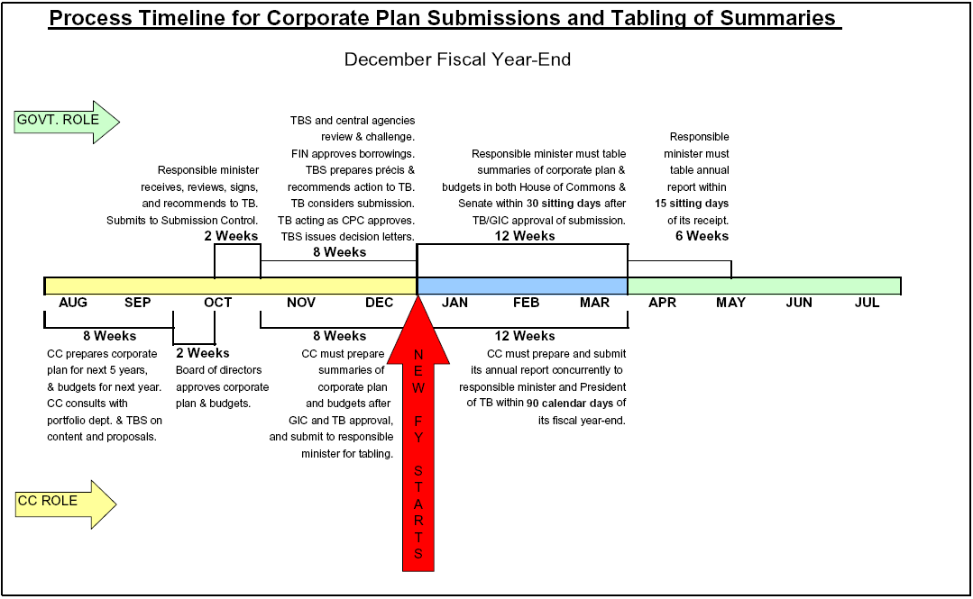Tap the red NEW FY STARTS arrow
(x=418, y=434)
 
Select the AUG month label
(x=73, y=303)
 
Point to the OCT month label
(x=218, y=303)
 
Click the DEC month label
(x=379, y=303)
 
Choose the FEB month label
(x=527, y=303)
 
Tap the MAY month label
(x=731, y=303)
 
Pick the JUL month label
(x=867, y=303)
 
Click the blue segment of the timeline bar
(x=522, y=286)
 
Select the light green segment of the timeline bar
(x=764, y=286)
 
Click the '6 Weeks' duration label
(x=702, y=236)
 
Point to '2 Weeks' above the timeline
(x=231, y=236)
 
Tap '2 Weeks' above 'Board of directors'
(x=202, y=353)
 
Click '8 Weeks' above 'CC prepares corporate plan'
(x=110, y=336)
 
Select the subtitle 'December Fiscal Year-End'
(x=457, y=59)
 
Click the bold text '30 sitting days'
(x=564, y=204)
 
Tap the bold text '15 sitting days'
(x=692, y=204)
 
